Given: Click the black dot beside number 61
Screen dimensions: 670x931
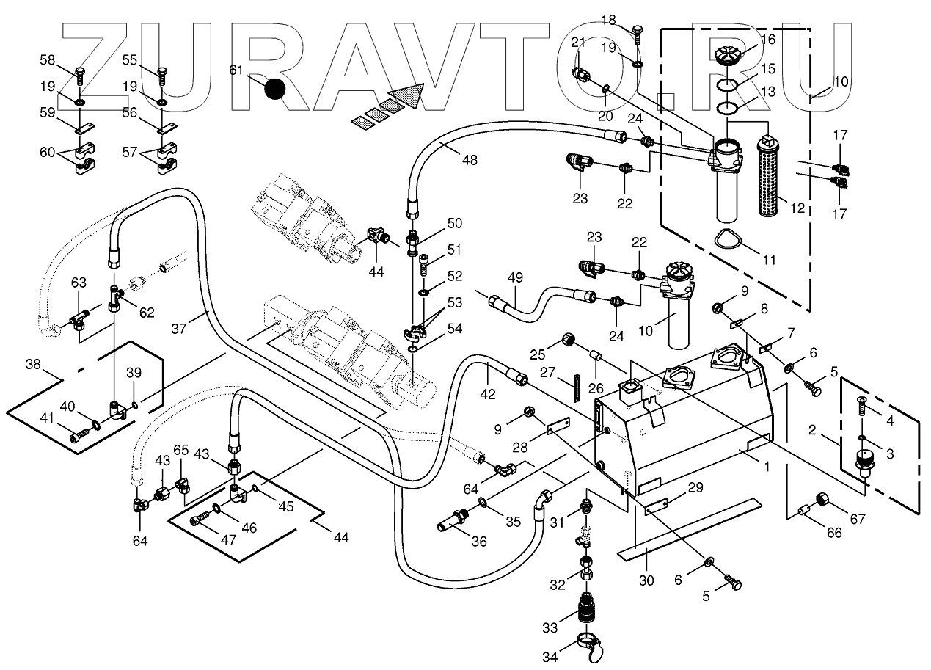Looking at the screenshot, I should pos(275,89).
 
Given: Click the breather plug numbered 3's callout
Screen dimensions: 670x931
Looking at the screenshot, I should pos(890,454).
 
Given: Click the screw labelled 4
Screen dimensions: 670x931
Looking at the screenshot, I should pos(863,403).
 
